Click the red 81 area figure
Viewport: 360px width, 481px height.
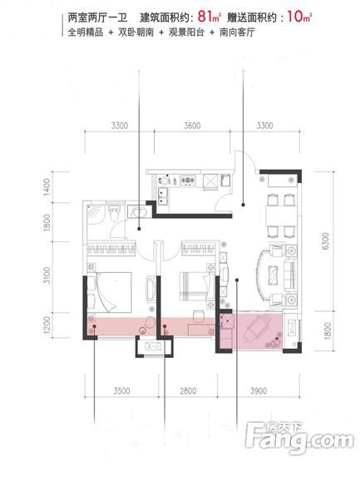(x=205, y=17)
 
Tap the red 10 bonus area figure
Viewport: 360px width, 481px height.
(x=295, y=17)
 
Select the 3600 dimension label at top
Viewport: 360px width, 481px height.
(x=192, y=126)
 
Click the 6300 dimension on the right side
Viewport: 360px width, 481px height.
(x=325, y=241)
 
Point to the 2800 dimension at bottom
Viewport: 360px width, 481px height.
(x=188, y=391)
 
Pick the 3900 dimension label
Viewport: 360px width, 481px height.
(x=259, y=391)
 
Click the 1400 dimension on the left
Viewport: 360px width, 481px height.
(x=47, y=187)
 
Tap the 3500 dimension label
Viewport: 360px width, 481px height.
(x=121, y=391)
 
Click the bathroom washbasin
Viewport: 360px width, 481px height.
(x=139, y=211)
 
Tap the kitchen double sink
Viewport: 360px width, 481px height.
(x=162, y=196)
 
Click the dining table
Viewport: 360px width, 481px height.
(x=281, y=216)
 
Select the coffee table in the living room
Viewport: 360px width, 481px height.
(x=273, y=275)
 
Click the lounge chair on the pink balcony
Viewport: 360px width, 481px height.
(x=257, y=327)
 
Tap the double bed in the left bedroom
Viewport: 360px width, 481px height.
(x=110, y=291)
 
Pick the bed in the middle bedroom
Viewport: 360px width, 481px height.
(x=197, y=286)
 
